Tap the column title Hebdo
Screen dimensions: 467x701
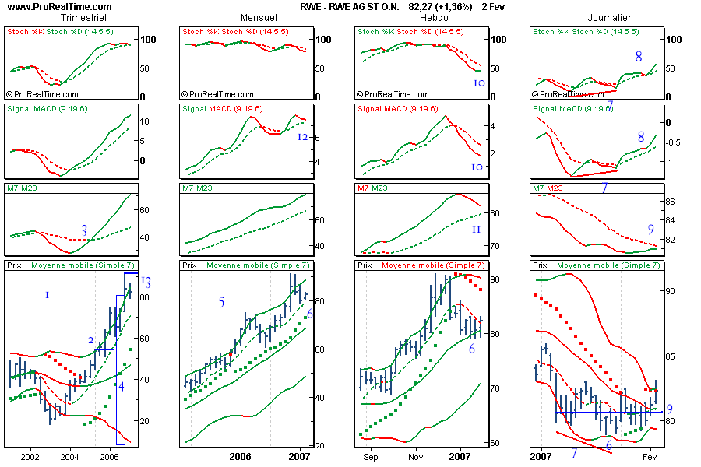(433, 17)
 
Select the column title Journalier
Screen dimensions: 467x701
(609, 17)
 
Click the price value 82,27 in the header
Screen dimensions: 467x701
(421, 6)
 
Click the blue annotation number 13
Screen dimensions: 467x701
(146, 283)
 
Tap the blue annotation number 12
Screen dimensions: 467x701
(304, 137)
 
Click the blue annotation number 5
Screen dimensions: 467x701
(221, 302)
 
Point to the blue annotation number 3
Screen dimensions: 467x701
(84, 230)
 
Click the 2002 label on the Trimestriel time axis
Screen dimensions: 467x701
(31, 455)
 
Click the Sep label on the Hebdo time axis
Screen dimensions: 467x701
(370, 455)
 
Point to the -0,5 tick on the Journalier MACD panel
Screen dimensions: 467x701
(675, 142)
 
